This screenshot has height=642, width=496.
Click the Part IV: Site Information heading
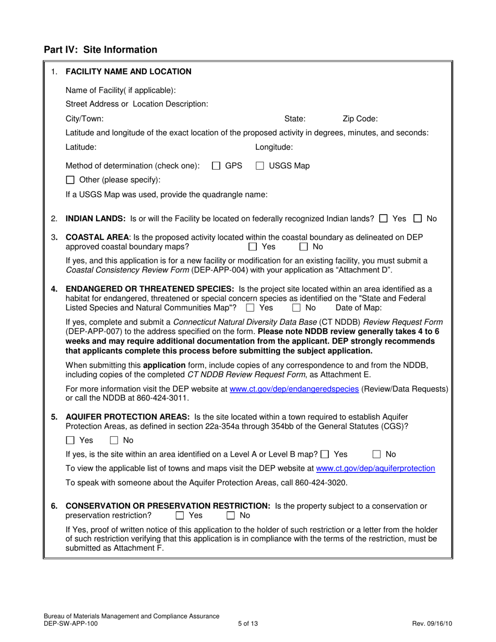point(100,50)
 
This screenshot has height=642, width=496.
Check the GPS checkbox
point(216,166)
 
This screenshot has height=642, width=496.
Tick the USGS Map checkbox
point(259,166)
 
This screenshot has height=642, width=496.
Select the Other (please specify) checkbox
point(70,180)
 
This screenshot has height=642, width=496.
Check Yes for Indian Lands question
point(384,219)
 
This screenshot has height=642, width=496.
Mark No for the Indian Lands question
point(418,219)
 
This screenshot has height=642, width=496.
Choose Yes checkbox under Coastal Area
point(253,246)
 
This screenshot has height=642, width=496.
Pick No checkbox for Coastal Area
point(303,246)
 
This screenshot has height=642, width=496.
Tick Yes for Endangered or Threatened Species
point(250,308)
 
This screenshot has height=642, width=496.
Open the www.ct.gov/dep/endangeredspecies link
point(294,389)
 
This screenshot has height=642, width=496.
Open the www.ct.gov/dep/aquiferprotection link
point(375,469)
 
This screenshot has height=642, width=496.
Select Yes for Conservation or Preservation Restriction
point(180,516)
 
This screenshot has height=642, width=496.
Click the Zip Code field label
point(360,118)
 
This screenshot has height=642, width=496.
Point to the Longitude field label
point(274,147)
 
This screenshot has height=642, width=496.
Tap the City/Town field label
point(85,118)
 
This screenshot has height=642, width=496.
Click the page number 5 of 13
point(247,623)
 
